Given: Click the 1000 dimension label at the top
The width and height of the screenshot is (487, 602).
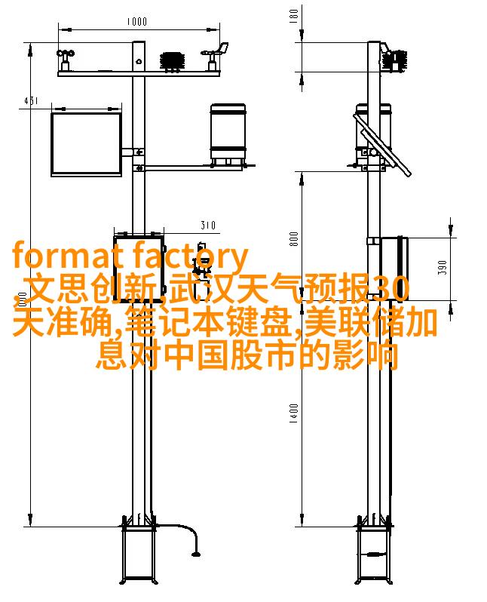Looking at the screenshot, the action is (x=136, y=21).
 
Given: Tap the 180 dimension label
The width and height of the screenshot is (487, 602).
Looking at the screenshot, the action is (x=293, y=16).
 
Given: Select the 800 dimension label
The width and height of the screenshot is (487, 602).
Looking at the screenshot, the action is (x=294, y=239).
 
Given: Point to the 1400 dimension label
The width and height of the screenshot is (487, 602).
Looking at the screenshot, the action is (x=294, y=413).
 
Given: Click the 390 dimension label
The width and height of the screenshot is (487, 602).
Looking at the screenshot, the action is (x=443, y=268).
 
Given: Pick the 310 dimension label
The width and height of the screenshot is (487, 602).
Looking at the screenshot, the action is (x=208, y=225).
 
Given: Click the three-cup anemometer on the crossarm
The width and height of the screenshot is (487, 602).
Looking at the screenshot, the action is (x=66, y=60).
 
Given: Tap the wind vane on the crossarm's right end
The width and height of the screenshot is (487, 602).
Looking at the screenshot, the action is (x=216, y=56).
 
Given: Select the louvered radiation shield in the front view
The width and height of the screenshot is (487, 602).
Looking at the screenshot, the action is (x=173, y=61).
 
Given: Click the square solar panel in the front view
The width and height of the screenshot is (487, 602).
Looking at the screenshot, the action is (x=87, y=144).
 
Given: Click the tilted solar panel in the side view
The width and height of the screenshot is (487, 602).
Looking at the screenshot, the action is (x=382, y=145).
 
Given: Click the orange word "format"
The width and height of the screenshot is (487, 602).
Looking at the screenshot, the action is (x=63, y=255).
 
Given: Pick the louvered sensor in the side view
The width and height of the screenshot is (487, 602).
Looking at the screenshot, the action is (x=395, y=60).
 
